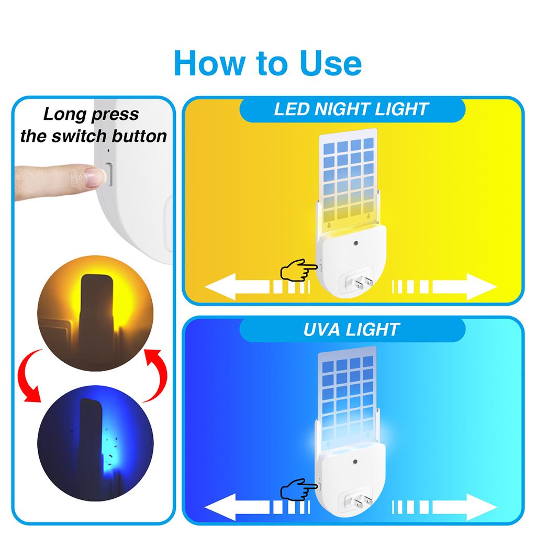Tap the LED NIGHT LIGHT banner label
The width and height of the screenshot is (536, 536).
[352, 109]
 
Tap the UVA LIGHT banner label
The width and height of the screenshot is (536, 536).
[352, 330]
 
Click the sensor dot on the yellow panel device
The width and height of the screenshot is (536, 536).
[355, 244]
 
